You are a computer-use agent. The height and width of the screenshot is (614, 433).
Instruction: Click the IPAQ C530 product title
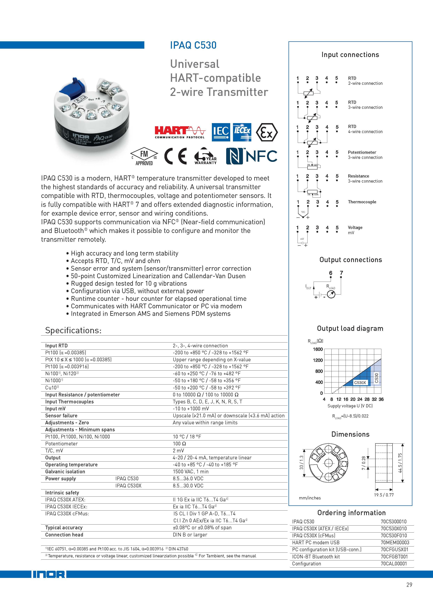click(x=193, y=45)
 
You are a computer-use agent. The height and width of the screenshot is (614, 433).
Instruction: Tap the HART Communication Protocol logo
click(x=180, y=132)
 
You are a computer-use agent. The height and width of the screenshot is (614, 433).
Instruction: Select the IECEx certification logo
click(x=242, y=132)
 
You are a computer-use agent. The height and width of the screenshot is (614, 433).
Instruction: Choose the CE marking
click(x=175, y=156)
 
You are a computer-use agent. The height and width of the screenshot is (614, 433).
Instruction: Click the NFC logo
click(x=251, y=156)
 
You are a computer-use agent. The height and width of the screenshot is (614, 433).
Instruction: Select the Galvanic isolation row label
click(x=65, y=472)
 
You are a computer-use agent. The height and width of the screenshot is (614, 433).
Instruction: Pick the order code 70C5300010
click(x=393, y=521)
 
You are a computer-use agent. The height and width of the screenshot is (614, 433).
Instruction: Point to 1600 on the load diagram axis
click(x=318, y=349)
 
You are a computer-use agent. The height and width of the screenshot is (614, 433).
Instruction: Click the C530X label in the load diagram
click(x=360, y=383)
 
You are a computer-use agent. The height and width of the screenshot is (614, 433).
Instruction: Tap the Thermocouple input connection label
click(x=362, y=202)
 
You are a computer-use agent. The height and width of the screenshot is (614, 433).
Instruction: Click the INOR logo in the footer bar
click(x=49, y=574)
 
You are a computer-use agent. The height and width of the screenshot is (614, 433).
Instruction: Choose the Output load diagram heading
click(x=350, y=328)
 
